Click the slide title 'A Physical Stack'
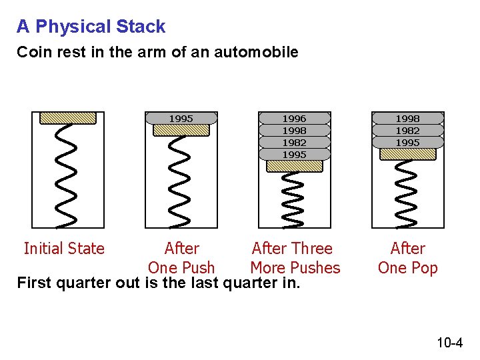(x=91, y=27)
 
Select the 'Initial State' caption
(x=64, y=249)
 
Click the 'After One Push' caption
(x=181, y=258)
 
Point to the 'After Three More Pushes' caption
(x=294, y=258)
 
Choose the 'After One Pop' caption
(x=407, y=258)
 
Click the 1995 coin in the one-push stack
(x=181, y=119)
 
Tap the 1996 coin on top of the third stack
(x=294, y=119)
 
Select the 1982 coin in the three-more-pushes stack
(x=294, y=143)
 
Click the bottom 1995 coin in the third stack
(x=294, y=155)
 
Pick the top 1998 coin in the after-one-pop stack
(x=407, y=119)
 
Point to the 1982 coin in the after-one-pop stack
(x=407, y=131)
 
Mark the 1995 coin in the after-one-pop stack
(x=407, y=143)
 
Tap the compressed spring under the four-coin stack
(x=294, y=199)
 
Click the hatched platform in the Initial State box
(x=68, y=118)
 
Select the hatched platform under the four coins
(x=294, y=166)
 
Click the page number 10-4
(x=449, y=343)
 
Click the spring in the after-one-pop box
(x=407, y=192)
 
